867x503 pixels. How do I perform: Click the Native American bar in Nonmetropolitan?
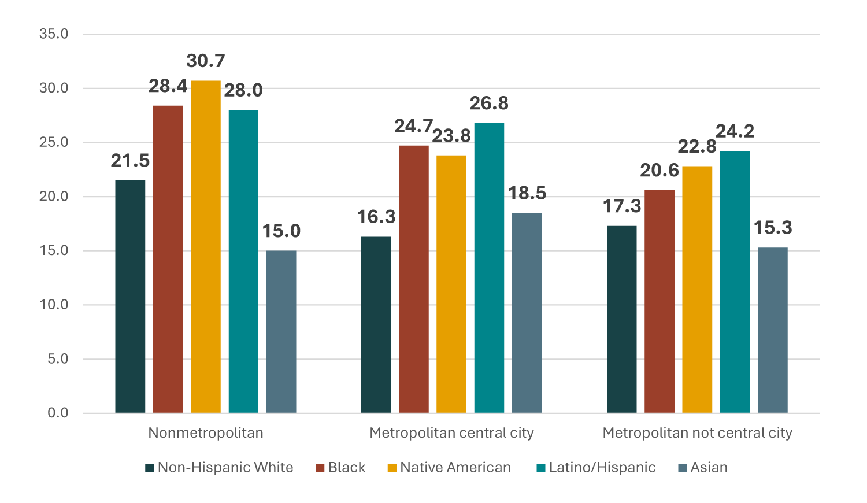click(x=206, y=247)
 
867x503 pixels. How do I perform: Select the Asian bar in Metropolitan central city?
click(x=527, y=313)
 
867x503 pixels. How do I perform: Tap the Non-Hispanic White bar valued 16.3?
click(x=376, y=324)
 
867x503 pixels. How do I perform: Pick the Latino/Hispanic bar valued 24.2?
click(x=735, y=282)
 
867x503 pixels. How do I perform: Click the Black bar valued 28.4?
click(x=168, y=259)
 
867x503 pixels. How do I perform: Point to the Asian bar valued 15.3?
click(x=773, y=330)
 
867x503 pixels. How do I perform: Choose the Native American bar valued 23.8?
click(x=451, y=284)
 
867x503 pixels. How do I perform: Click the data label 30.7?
click(x=206, y=61)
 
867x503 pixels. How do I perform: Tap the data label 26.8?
click(x=489, y=103)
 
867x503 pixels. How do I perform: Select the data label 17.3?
click(x=622, y=206)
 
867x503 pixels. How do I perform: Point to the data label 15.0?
click(x=281, y=231)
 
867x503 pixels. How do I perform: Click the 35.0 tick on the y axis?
click(x=54, y=34)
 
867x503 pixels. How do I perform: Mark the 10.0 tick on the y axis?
click(x=54, y=305)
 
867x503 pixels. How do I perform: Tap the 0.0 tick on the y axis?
click(x=58, y=413)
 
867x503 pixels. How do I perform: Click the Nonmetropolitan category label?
click(x=206, y=433)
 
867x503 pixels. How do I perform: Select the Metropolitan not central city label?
click(x=697, y=433)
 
